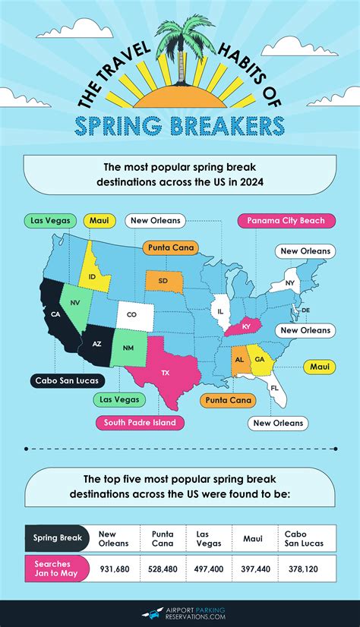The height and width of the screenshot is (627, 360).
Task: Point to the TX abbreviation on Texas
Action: (x=166, y=373)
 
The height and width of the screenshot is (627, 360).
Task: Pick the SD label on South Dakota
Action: (x=163, y=281)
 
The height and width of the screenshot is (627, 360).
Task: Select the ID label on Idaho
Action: (x=92, y=277)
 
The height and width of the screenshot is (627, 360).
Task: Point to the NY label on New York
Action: (x=290, y=283)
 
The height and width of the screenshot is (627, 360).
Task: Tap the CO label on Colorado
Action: (x=132, y=314)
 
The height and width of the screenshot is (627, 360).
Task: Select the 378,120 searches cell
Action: (x=301, y=569)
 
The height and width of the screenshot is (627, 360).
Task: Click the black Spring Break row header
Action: (x=58, y=537)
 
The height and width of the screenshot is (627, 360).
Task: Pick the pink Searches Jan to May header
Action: (x=58, y=569)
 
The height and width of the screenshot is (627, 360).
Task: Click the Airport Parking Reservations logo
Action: (x=179, y=613)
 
